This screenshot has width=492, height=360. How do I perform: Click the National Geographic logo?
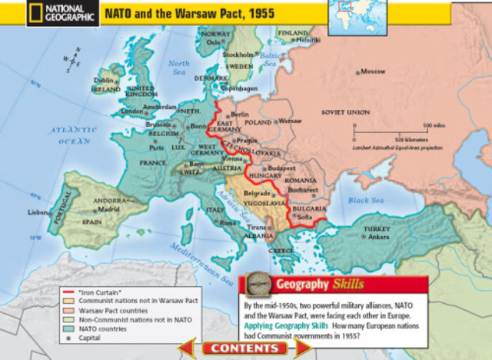pos(51,14)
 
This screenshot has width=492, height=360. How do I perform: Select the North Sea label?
pos(178,68)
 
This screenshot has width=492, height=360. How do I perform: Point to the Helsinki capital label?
pos(307,40)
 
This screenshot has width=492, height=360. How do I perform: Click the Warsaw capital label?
pos(290,122)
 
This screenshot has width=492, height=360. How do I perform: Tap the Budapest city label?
pos(281,167)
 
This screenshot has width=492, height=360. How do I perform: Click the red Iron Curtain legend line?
pos(69,293)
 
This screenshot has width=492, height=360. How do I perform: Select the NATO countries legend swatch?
pos(69,328)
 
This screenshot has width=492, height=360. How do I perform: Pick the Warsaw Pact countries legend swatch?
pos(69,310)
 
